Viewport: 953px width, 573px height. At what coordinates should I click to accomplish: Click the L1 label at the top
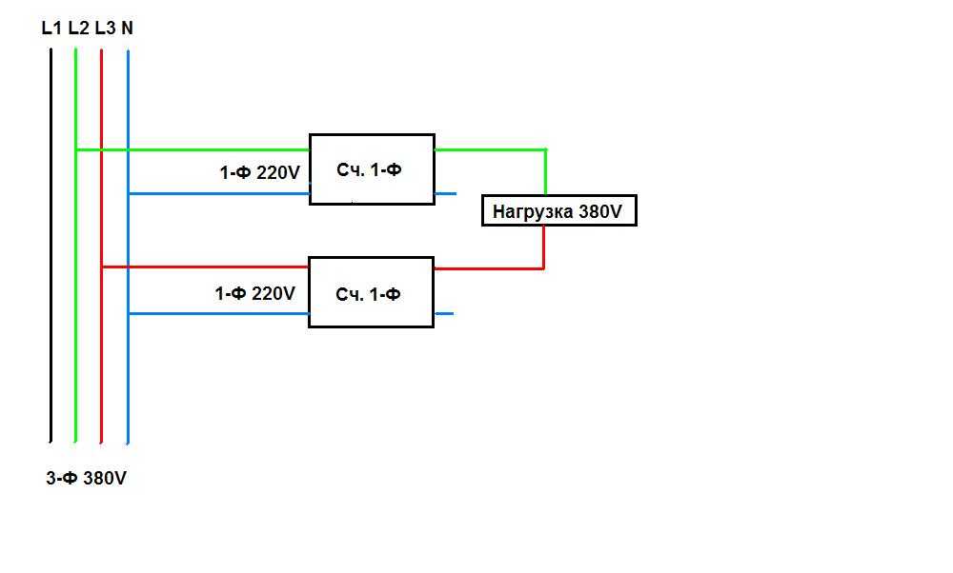[x=51, y=29]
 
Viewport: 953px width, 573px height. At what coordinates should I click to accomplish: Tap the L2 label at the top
[x=78, y=29]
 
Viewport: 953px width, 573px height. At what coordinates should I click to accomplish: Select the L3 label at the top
[x=105, y=29]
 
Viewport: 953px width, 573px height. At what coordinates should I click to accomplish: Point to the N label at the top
[x=128, y=29]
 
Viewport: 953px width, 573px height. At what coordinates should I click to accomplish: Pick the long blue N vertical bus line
[x=128, y=381]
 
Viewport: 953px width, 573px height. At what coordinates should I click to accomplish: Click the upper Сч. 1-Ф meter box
[x=372, y=169]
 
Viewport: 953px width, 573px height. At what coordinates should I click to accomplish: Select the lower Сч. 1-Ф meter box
[x=371, y=292]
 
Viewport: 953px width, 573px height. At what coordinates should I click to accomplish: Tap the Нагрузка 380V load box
[x=558, y=210]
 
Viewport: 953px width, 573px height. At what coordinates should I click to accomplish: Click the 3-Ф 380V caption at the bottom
[x=86, y=479]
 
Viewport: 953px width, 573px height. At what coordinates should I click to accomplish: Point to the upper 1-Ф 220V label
[x=259, y=173]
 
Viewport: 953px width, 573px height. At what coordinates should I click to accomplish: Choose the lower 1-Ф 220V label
[x=255, y=294]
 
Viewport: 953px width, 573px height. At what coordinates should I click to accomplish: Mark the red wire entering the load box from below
[x=544, y=247]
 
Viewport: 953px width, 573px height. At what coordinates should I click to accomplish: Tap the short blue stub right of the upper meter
[x=445, y=193]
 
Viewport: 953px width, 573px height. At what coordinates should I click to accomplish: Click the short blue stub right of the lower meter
[x=443, y=313]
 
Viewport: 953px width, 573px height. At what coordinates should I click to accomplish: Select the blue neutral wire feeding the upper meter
[x=219, y=193]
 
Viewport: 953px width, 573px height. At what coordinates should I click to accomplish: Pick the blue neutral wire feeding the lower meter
[x=219, y=313]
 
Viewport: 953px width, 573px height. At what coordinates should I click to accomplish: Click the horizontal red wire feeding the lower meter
[x=205, y=267]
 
